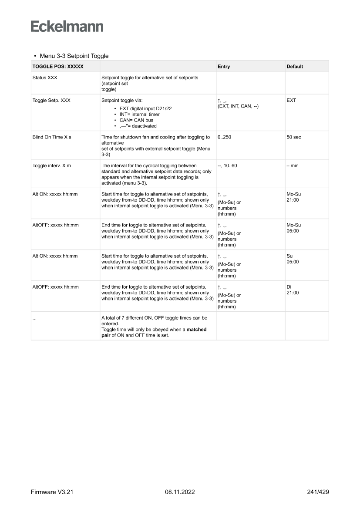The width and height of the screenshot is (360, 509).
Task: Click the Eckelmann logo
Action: click(67, 27)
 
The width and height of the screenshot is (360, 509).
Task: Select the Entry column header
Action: click(224, 67)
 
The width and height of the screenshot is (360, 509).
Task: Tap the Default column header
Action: click(295, 67)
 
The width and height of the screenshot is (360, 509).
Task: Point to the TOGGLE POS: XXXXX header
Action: click(58, 67)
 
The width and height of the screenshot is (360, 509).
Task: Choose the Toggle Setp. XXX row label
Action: click(51, 100)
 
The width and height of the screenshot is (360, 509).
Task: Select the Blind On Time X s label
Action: click(52, 137)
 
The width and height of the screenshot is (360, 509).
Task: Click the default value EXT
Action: click(291, 100)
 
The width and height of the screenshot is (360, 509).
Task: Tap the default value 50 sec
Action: click(294, 137)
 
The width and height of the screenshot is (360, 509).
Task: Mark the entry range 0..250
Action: click(224, 137)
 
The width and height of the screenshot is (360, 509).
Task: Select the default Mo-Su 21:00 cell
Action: click(294, 197)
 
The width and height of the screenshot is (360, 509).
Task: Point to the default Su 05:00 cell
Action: click(293, 259)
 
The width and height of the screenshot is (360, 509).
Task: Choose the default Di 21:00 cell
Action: click(293, 290)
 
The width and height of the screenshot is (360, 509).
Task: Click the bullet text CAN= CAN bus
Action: click(136, 120)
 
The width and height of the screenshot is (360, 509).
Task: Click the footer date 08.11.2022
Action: click(180, 492)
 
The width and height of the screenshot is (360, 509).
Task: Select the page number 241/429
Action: click(318, 492)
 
